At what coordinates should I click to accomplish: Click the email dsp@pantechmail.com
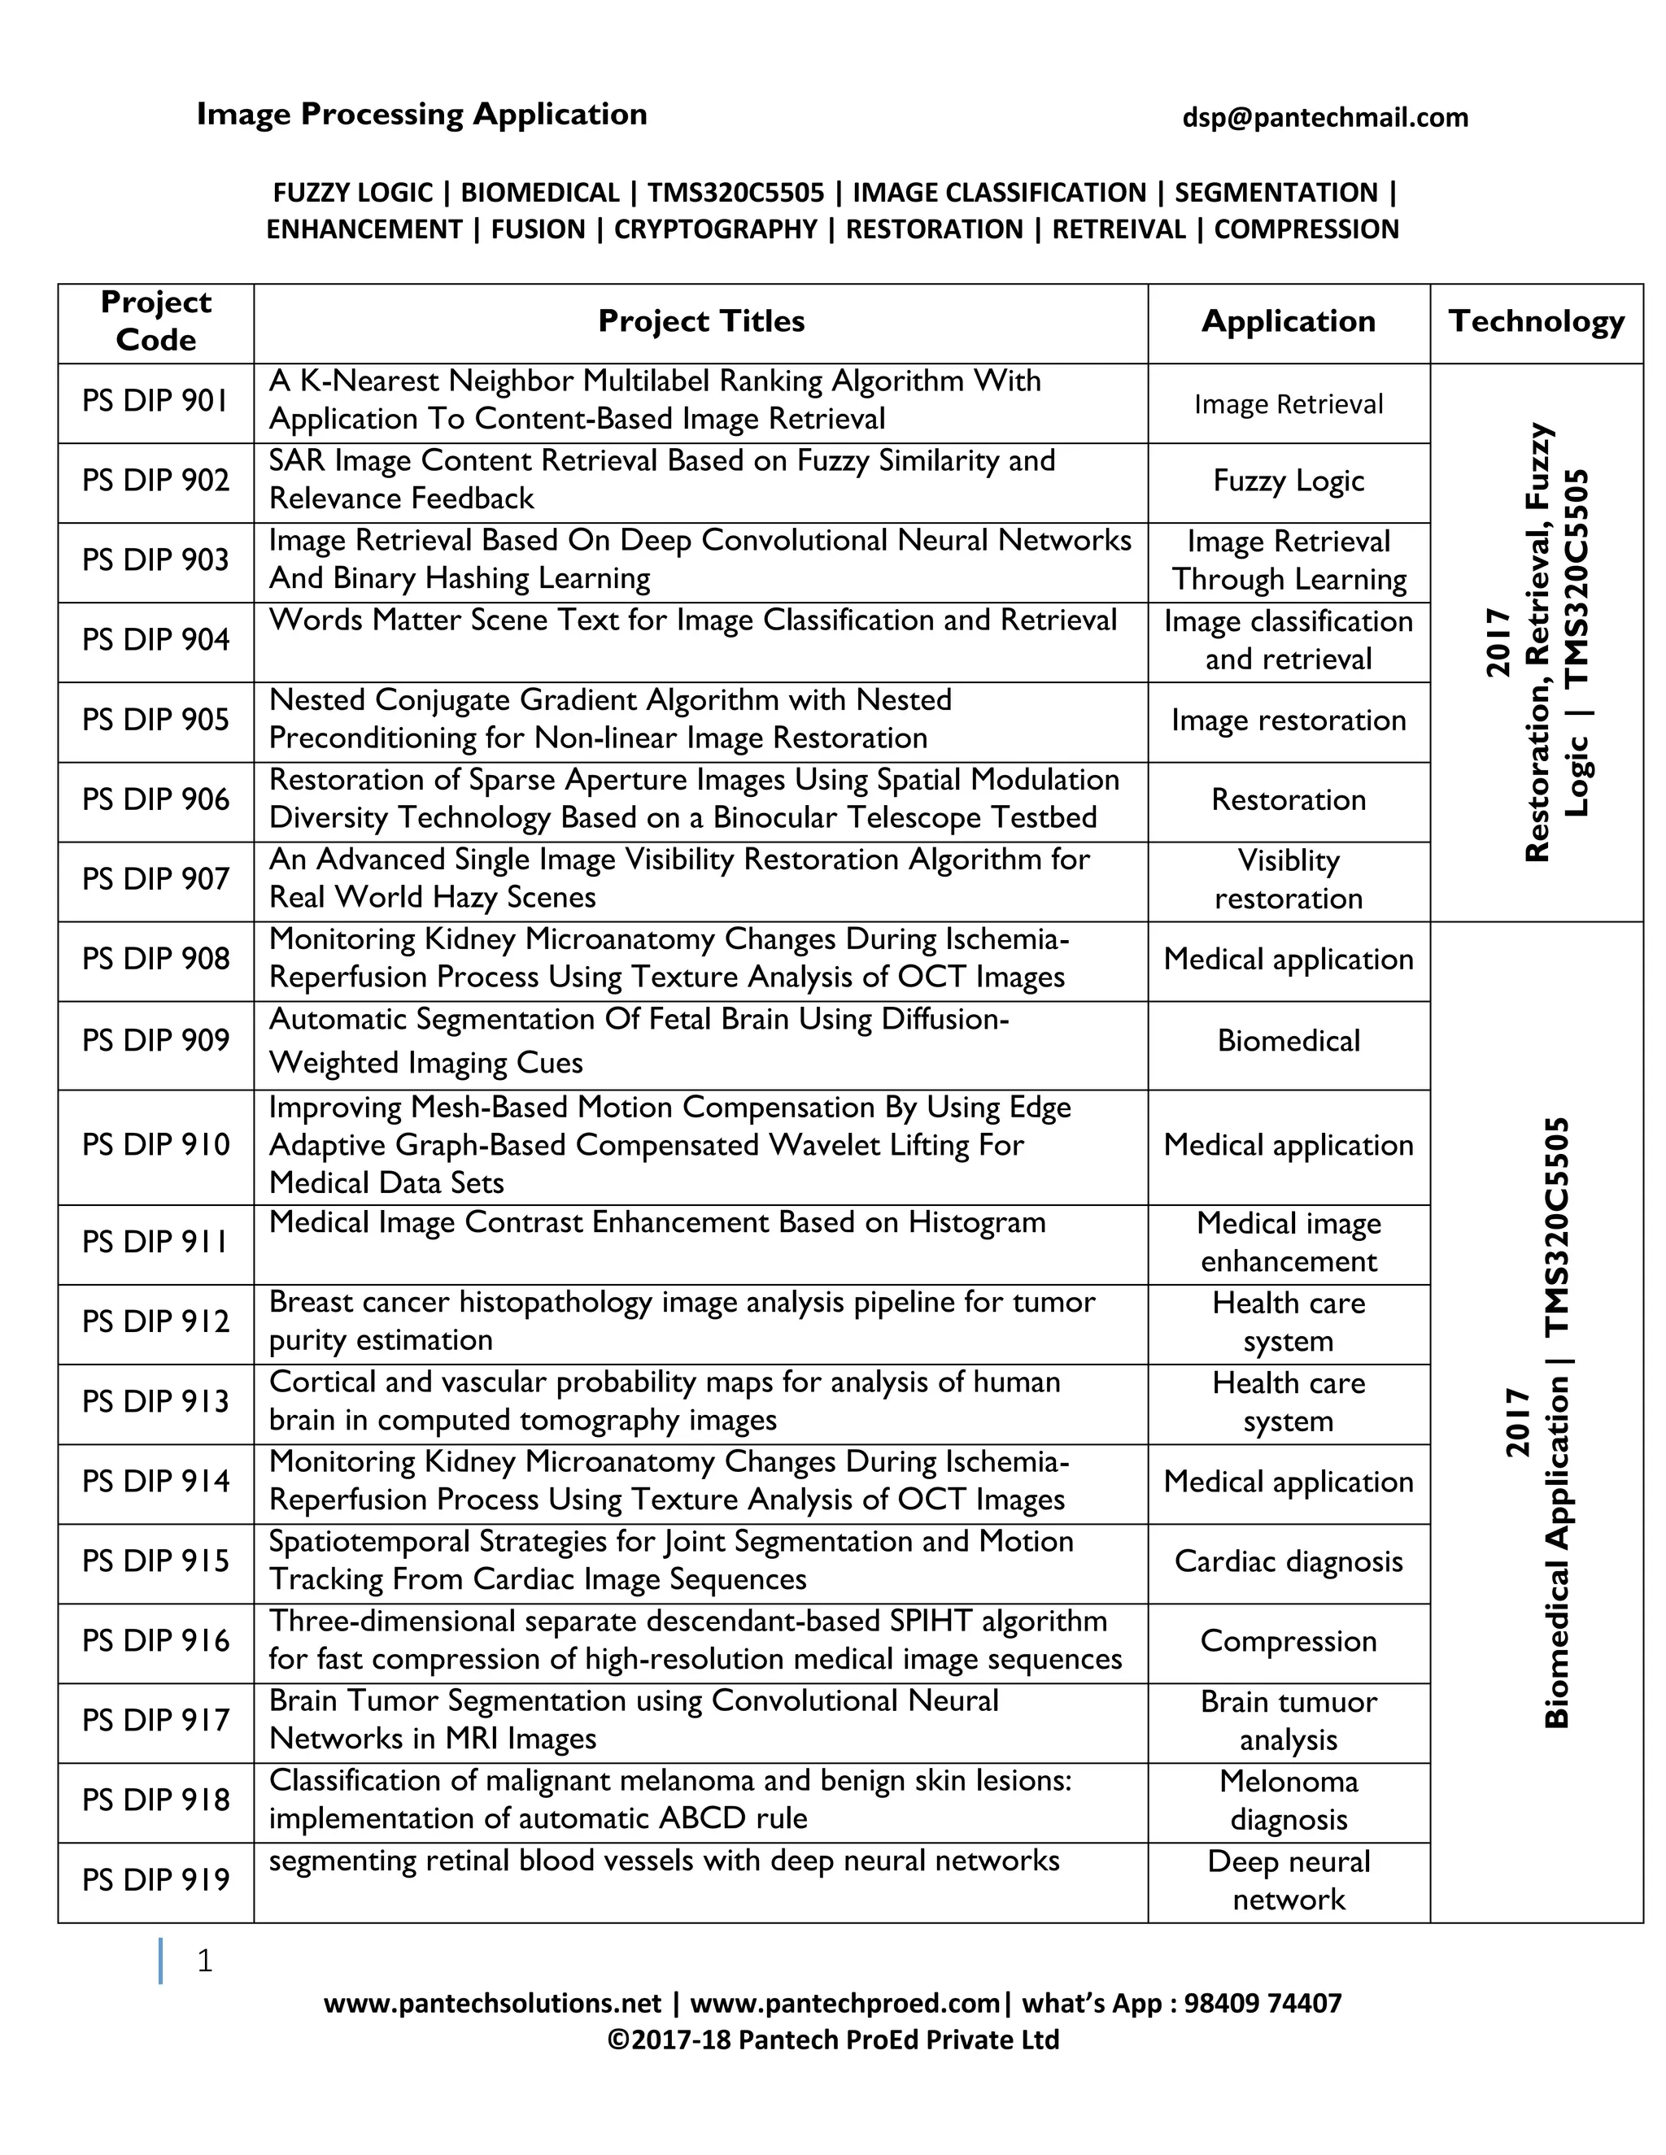(x=1324, y=117)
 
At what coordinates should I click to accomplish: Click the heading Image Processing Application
(x=421, y=115)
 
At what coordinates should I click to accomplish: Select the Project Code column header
(x=156, y=322)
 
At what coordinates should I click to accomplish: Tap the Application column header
(x=1288, y=322)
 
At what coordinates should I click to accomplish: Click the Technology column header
(x=1536, y=322)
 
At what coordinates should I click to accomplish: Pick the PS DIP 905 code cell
(x=156, y=721)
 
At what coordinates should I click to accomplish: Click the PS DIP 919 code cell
(x=156, y=1879)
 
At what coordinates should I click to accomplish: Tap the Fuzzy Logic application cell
(x=1288, y=481)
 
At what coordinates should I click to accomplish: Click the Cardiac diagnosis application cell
(x=1288, y=1562)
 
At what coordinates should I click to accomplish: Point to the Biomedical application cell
(x=1288, y=1041)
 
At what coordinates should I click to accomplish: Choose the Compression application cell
(x=1288, y=1642)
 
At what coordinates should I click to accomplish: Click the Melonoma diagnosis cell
(x=1288, y=1800)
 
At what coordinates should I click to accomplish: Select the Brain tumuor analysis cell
(x=1288, y=1721)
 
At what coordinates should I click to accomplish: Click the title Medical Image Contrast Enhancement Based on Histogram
(x=656, y=1224)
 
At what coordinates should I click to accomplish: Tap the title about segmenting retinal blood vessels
(x=663, y=1861)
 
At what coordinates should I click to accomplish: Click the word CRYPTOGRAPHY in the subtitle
(x=716, y=230)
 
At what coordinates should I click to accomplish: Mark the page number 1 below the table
(x=204, y=1961)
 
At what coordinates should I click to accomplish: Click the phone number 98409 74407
(x=1263, y=2004)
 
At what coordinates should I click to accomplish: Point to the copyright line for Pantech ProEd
(x=832, y=2040)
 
